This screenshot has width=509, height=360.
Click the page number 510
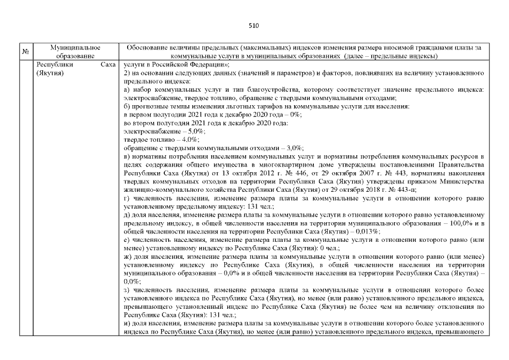254,25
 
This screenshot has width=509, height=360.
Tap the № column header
25,52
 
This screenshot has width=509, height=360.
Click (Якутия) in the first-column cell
49,73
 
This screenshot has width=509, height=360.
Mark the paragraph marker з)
127,291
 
